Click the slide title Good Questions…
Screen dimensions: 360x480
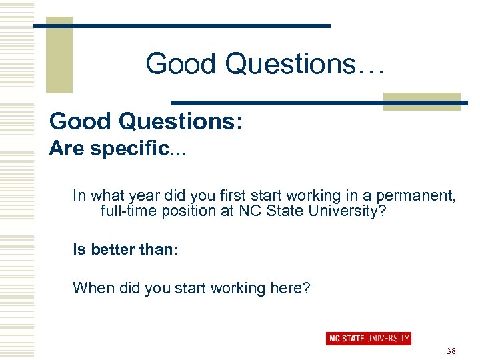(265, 65)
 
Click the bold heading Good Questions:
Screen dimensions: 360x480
(145, 121)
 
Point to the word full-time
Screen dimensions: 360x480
(127, 212)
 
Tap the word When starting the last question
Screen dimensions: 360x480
(89, 288)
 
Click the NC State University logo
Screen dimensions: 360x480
(368, 338)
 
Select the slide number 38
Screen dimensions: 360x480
(451, 351)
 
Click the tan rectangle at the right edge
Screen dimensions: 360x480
(421, 101)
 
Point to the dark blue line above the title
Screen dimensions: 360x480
(182, 25)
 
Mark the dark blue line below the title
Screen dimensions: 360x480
(313, 103)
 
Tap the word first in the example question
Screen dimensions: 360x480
(225, 196)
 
